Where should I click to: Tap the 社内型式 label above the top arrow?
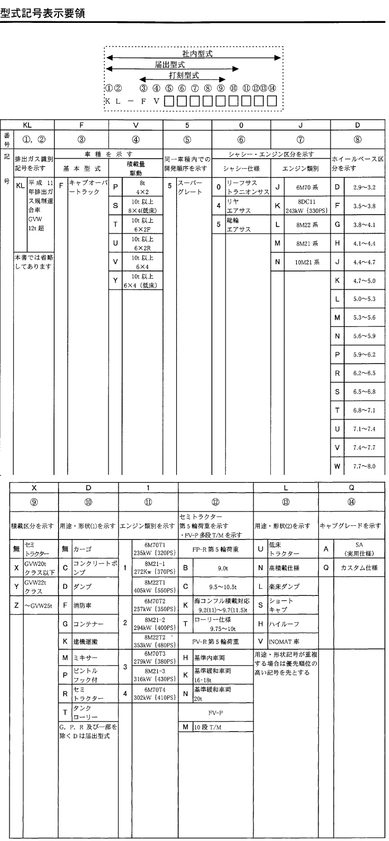tap(198, 54)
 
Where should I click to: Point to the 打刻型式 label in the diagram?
tap(184, 75)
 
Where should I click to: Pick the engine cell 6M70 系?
tap(308, 187)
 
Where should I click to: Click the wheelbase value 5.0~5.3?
tap(364, 299)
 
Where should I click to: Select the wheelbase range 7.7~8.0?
tap(364, 465)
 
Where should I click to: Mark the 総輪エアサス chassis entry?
tap(239, 225)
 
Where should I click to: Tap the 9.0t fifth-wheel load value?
tap(223, 567)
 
